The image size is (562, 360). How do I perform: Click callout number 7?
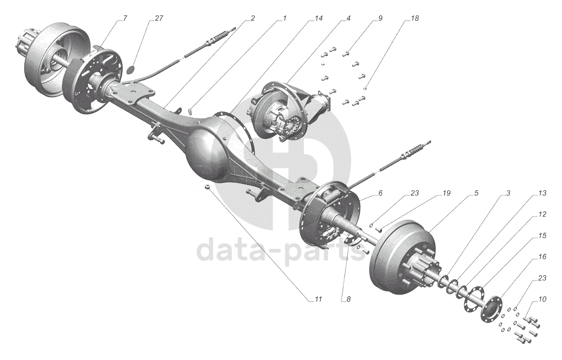pyautogui.click(x=124, y=19)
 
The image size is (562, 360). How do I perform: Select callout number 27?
pyautogui.click(x=159, y=19)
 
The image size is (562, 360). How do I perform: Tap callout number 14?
pyautogui.click(x=318, y=19)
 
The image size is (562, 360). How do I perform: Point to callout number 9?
pyautogui.click(x=380, y=19)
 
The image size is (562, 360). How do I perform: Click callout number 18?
pyautogui.click(x=415, y=19)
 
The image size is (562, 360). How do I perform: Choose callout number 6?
pyautogui.click(x=380, y=194)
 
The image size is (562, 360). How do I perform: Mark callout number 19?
pyautogui.click(x=446, y=194)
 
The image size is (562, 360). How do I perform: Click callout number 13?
pyautogui.click(x=542, y=194)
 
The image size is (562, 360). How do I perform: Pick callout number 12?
pyautogui.click(x=542, y=214)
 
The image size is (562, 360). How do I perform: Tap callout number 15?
pyautogui.click(x=542, y=236)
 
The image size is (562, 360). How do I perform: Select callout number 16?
pyautogui.click(x=542, y=257)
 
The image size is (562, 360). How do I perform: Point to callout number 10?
pyautogui.click(x=542, y=299)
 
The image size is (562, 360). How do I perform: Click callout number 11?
pyautogui.click(x=318, y=299)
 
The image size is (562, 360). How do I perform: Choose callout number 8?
pyautogui.click(x=349, y=299)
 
